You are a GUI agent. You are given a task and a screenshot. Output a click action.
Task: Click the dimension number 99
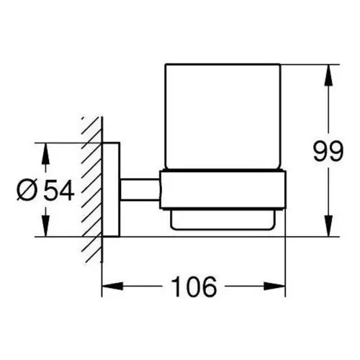click(x=328, y=152)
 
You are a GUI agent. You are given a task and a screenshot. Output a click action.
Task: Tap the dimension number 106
click(x=194, y=287)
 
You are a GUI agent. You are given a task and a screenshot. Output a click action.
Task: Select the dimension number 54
click(x=59, y=190)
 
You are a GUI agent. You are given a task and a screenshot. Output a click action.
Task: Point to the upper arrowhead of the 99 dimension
click(x=328, y=75)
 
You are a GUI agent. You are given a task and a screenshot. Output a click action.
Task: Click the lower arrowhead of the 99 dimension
click(x=328, y=226)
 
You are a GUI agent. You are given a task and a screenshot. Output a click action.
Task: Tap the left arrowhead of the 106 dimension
click(x=112, y=286)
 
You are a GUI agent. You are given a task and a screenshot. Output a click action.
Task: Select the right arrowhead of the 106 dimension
click(x=275, y=286)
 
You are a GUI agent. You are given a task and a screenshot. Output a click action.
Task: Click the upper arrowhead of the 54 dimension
click(x=45, y=153)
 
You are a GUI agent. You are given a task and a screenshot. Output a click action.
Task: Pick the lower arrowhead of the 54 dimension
click(x=45, y=226)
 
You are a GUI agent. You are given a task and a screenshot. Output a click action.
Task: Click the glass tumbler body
click(x=223, y=117)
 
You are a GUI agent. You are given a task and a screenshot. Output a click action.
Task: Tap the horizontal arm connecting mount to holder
click(x=140, y=189)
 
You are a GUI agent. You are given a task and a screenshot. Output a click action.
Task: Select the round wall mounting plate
click(x=111, y=189)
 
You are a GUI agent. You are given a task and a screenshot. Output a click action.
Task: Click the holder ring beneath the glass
click(x=222, y=190)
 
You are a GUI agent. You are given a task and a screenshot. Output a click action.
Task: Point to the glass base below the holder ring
click(x=222, y=220)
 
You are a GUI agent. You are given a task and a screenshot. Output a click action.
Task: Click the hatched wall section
click(x=91, y=189)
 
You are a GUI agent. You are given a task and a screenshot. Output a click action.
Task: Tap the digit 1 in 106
click(x=176, y=287)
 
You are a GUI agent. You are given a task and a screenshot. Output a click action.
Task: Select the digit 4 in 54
click(x=67, y=190)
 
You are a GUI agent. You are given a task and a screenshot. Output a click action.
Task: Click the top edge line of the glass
click(x=223, y=64)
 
